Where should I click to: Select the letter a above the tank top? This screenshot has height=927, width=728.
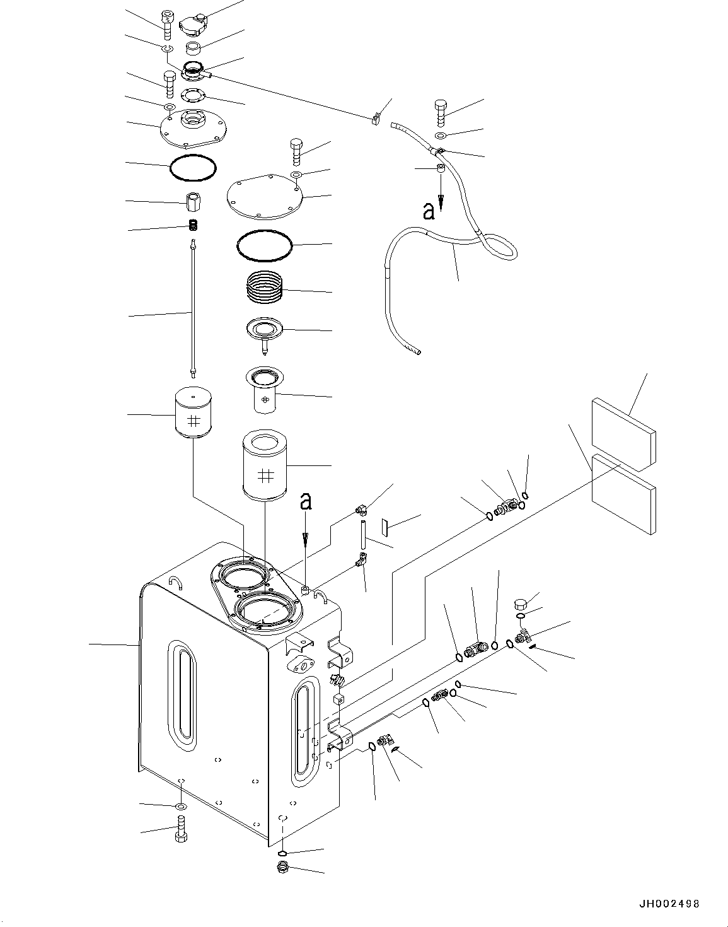[306, 502]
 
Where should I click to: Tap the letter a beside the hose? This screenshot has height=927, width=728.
[429, 212]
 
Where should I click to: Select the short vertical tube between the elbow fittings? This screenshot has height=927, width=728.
[364, 533]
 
